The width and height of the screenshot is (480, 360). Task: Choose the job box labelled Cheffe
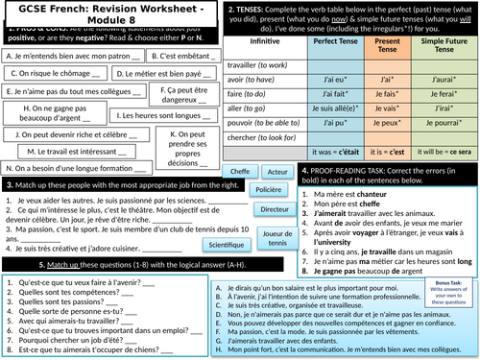[x=237, y=171]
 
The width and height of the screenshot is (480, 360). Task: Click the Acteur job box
[x=277, y=171]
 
